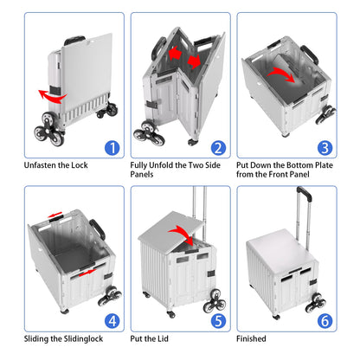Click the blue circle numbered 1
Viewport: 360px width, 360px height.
coord(112,148)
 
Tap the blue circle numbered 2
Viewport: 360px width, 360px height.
coord(218,148)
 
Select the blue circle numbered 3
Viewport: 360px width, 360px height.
coord(325,148)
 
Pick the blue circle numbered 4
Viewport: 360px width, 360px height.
coord(112,321)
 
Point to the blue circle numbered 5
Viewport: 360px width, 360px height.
coord(218,321)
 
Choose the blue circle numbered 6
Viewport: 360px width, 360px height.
coord(325,321)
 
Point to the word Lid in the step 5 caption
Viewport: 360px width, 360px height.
coord(163,338)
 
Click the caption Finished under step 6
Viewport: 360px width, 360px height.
coord(251,338)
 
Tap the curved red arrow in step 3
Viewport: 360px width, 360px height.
coord(281,72)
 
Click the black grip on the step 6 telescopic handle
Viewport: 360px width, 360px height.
coord(305,193)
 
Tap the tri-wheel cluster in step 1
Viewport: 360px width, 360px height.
coord(49,129)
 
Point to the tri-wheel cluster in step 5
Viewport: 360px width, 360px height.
coord(214,302)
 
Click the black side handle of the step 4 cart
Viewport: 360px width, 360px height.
coord(98,229)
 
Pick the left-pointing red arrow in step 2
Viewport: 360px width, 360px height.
coord(175,54)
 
